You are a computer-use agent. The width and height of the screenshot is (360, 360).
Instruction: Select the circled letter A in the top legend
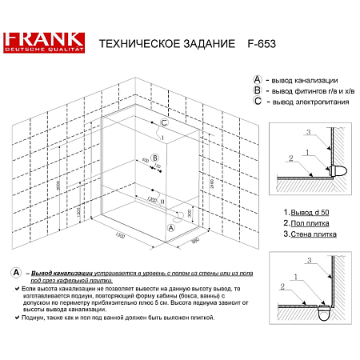256,79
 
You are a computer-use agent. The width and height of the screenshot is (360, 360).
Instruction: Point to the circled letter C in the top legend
256,101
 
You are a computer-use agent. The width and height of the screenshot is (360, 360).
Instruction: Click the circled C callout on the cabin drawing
163,124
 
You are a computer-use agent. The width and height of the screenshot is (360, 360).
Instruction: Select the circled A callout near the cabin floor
170,227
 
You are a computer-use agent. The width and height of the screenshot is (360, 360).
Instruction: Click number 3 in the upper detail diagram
305,130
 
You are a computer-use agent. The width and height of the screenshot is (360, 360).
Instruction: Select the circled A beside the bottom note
17,273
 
